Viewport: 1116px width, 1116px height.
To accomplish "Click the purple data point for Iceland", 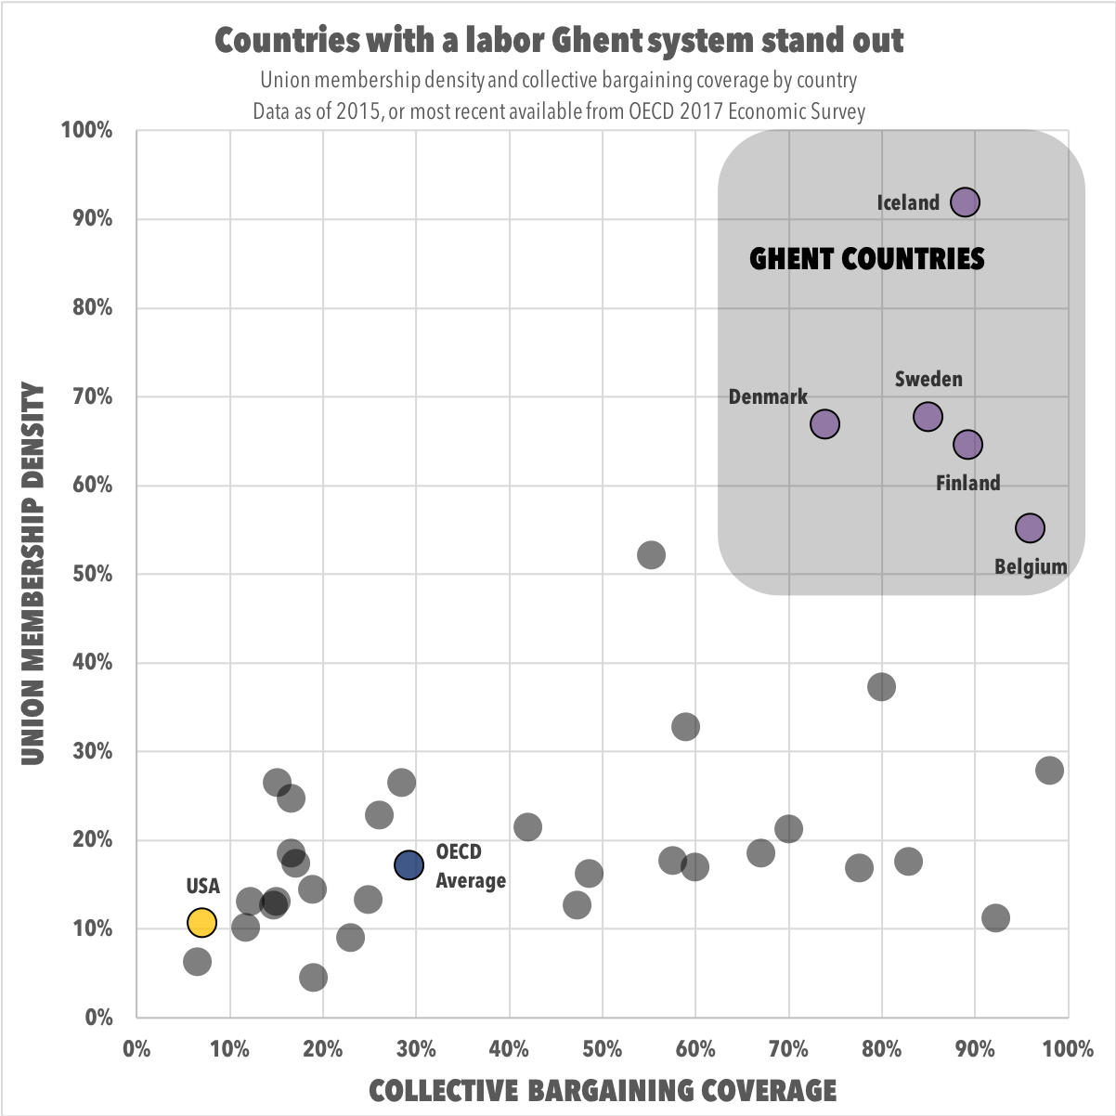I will [966, 202].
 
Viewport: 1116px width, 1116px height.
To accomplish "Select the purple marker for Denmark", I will [824, 423].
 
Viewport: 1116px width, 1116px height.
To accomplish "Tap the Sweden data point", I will [928, 416].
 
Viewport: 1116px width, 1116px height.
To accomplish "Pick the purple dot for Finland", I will [967, 445].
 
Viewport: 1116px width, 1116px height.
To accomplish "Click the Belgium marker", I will [1030, 528].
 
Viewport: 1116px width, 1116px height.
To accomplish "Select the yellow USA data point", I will [201, 922].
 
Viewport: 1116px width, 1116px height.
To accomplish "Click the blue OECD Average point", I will [409, 865].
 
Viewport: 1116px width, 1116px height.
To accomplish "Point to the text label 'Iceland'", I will [908, 202].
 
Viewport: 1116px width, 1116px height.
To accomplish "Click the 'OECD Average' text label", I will [471, 866].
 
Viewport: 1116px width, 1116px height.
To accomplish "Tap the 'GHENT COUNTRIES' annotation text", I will [866, 258].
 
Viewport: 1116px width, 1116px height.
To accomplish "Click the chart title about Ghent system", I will [559, 41].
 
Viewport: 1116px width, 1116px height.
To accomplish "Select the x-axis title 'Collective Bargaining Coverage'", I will [603, 1089].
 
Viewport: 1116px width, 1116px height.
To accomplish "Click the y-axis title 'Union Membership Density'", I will [33, 574].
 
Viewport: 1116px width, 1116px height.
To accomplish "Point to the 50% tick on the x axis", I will [602, 1049].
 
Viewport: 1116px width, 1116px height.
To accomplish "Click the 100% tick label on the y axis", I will [86, 130].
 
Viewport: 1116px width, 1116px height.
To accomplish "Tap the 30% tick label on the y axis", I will [92, 751].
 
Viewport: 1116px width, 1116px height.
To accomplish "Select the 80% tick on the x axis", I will [881, 1049].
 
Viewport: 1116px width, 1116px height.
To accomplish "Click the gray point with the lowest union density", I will [313, 977].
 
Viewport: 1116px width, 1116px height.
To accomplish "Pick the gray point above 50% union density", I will [651, 555].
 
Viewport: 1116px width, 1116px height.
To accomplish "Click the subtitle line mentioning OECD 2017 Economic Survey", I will [559, 112].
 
